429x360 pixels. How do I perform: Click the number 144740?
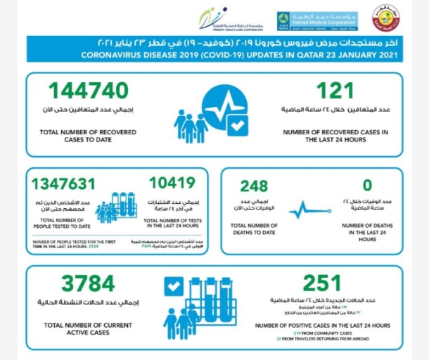(88, 91)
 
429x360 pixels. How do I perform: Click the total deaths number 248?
(254, 186)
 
